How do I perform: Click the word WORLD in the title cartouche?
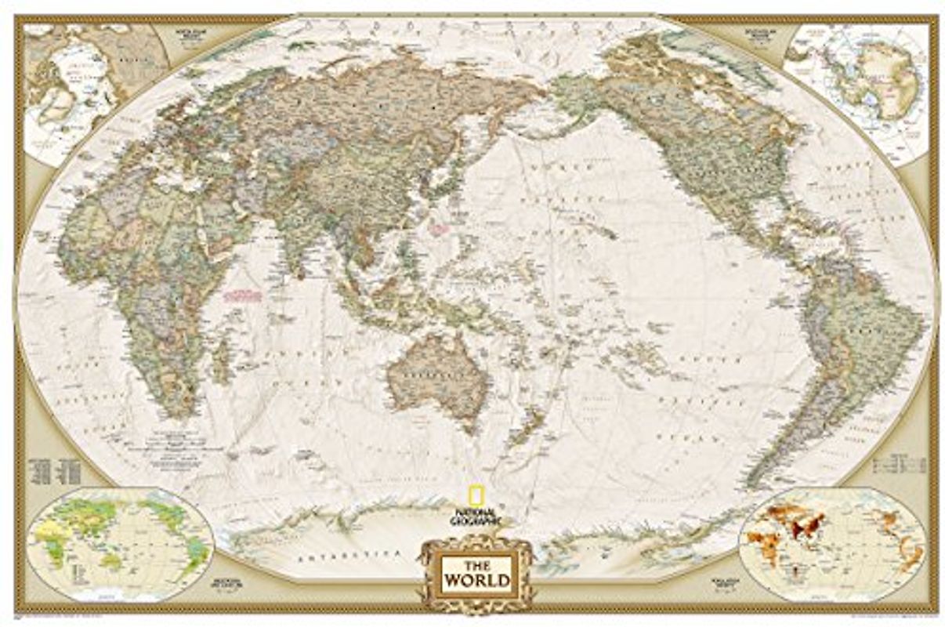(476, 581)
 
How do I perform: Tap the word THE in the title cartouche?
(476, 564)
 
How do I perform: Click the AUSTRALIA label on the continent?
(429, 376)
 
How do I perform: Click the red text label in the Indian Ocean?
(242, 295)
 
